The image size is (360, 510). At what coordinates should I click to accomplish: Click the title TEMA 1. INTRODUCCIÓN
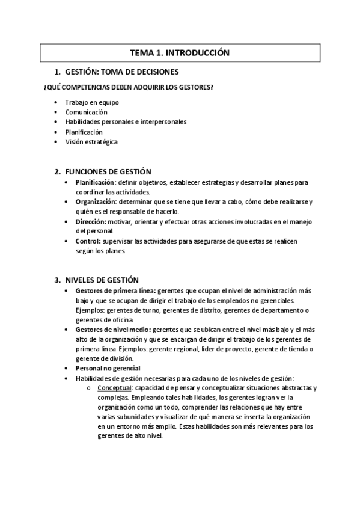click(x=180, y=53)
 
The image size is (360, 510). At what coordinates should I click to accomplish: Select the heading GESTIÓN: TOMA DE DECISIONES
click(x=118, y=72)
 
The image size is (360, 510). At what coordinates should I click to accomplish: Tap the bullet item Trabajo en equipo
click(x=92, y=102)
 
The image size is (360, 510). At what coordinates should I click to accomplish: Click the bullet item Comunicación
click(x=87, y=112)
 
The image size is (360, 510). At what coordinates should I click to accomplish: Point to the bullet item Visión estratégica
click(x=91, y=142)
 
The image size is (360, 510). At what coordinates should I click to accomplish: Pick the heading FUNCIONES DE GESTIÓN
click(x=108, y=172)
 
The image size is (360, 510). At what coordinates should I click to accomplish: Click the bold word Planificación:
click(x=95, y=182)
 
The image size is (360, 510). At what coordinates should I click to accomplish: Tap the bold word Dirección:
click(x=91, y=221)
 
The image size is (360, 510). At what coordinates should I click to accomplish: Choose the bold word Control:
click(x=88, y=241)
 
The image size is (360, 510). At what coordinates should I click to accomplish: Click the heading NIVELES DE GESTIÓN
click(x=101, y=280)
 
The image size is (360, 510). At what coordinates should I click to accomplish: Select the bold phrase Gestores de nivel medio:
click(x=114, y=330)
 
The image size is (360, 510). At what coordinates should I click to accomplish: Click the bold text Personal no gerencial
click(x=108, y=368)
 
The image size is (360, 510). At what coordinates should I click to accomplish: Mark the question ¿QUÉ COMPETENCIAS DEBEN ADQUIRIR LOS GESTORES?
click(x=129, y=87)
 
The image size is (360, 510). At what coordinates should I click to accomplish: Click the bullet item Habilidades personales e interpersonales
click(x=126, y=122)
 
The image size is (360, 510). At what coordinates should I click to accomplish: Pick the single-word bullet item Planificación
click(x=84, y=132)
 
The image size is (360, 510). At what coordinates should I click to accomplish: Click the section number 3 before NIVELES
click(x=56, y=280)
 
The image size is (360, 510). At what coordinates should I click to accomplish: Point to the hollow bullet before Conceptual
click(x=88, y=388)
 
